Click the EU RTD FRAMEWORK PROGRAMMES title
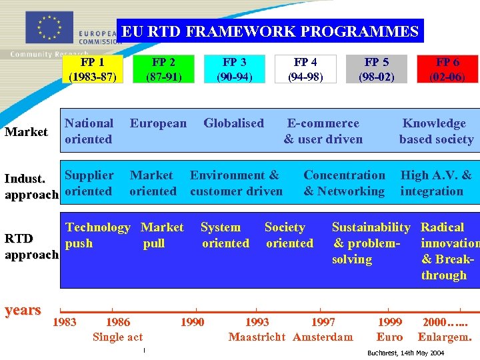coord(270,31)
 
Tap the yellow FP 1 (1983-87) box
coord(93,69)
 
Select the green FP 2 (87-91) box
coord(163,69)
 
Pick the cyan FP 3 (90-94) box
coord(234,69)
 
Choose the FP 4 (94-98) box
coord(305,69)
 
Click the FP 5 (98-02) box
coord(376,69)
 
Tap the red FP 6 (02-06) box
coord(447,69)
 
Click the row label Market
coord(26,131)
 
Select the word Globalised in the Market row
coord(233,123)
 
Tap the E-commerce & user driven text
coord(323,131)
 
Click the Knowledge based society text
coord(435,131)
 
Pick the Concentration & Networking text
coord(344,183)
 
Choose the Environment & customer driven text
coord(236,183)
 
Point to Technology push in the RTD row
coord(97,235)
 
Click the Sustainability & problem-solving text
coord(371,243)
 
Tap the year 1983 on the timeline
coord(64,323)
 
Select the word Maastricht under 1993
coord(257,337)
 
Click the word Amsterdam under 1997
coord(323,337)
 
